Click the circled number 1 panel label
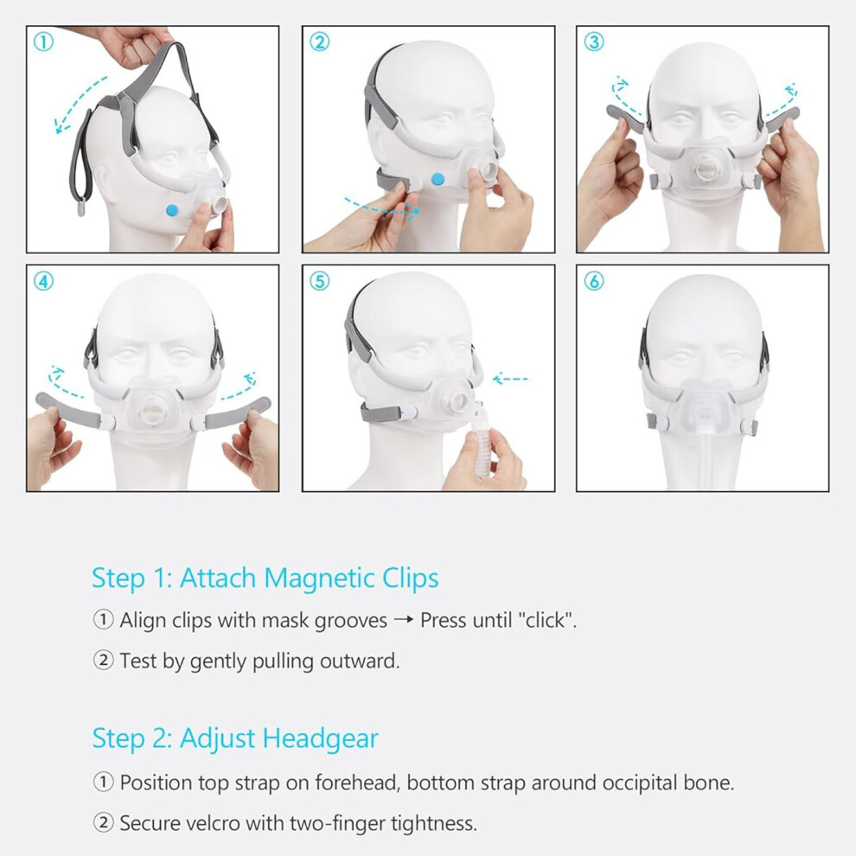pyautogui.click(x=44, y=42)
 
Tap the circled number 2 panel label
pyautogui.click(x=319, y=42)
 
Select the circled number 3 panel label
pyautogui.click(x=594, y=42)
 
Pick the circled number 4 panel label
pyautogui.click(x=44, y=281)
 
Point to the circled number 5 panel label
pyautogui.click(x=319, y=281)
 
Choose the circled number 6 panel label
pyautogui.click(x=594, y=281)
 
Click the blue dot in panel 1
pyautogui.click(x=173, y=209)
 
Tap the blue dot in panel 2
pyautogui.click(x=438, y=178)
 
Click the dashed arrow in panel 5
pyautogui.click(x=510, y=379)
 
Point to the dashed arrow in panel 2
pyautogui.click(x=382, y=208)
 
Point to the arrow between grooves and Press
pyautogui.click(x=404, y=621)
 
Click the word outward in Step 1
pyautogui.click(x=359, y=661)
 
